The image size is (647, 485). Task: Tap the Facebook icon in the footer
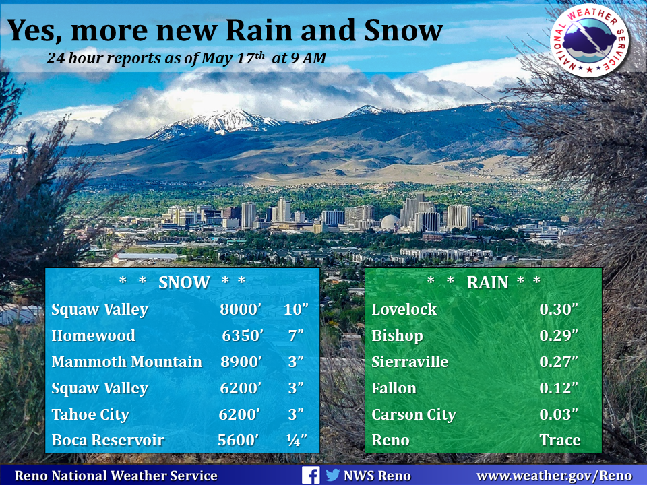310,475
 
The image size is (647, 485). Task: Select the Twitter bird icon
332,475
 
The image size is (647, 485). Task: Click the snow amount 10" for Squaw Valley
296,309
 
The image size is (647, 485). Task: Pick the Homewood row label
93,335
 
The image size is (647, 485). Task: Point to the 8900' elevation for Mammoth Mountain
241,362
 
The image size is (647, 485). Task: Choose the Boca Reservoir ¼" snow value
297,440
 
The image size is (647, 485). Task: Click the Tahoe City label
90,414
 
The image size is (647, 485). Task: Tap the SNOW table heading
184,282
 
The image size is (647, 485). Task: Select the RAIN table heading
487,282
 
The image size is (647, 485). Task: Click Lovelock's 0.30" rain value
559,309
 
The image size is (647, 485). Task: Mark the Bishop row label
397,335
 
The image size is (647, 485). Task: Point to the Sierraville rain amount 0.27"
559,362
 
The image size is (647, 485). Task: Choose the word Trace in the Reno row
560,440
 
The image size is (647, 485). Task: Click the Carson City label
413,414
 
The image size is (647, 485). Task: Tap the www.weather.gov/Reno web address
554,476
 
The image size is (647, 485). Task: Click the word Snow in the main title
404,30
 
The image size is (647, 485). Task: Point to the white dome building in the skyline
390,222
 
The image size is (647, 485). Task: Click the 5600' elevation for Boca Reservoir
239,440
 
